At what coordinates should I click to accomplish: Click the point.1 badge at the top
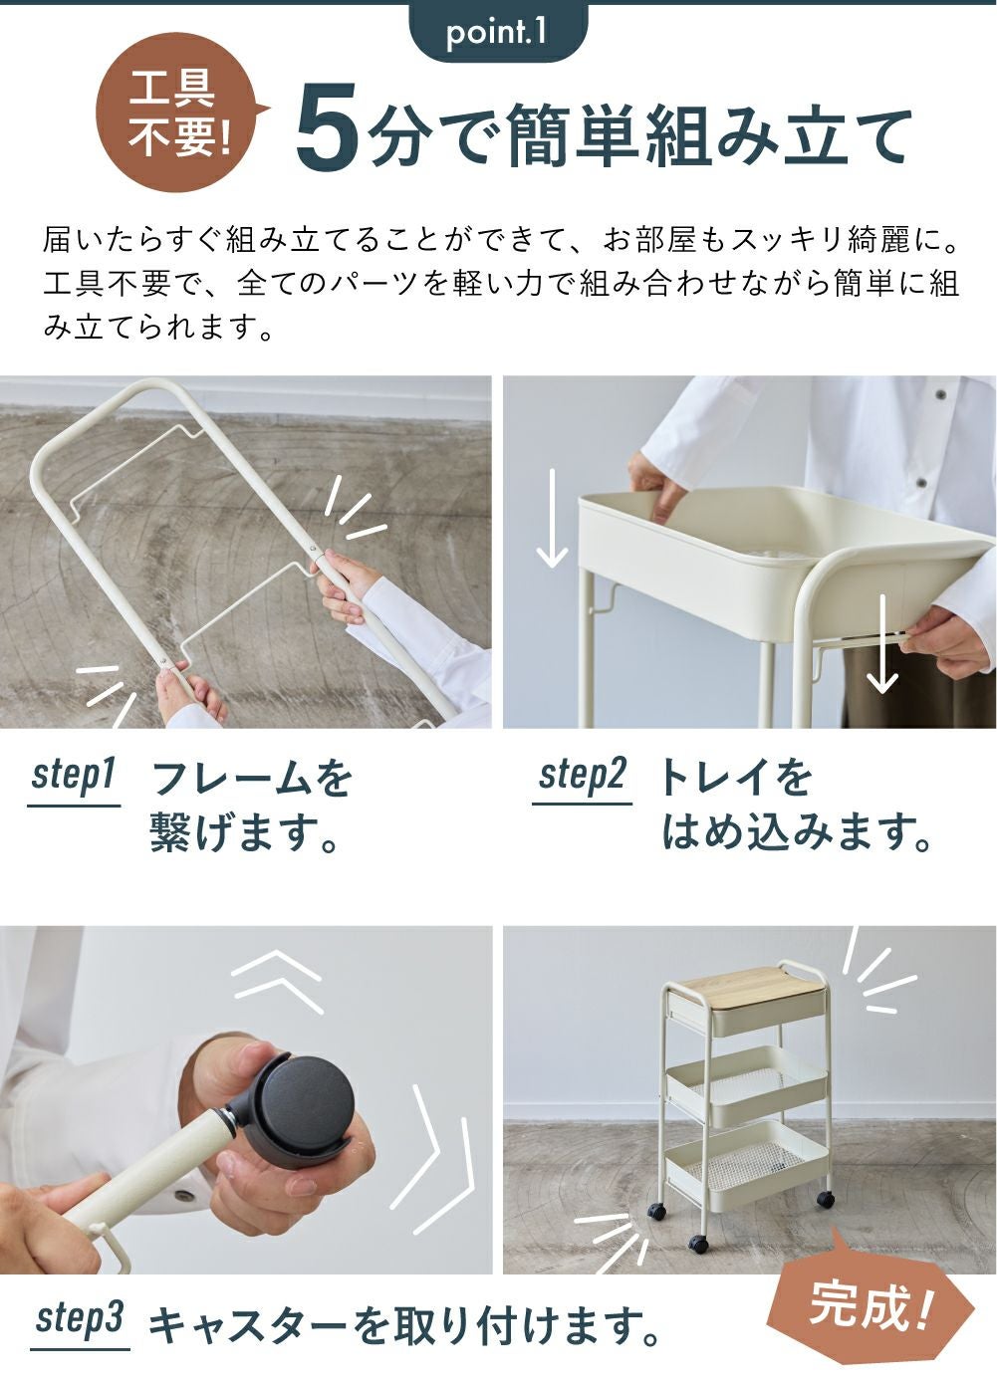[497, 32]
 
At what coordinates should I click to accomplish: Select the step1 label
[74, 778]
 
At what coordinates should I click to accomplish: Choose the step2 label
[582, 778]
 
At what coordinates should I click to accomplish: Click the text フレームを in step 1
[250, 779]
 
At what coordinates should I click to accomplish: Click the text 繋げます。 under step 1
[243, 832]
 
